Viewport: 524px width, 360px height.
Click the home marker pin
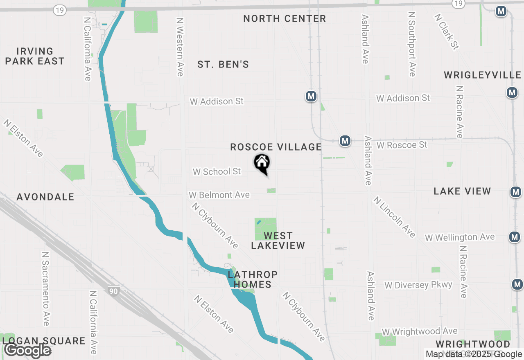coord(262,163)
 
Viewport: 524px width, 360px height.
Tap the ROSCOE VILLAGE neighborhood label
coord(276,147)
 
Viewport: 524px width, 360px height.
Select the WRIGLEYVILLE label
coord(483,75)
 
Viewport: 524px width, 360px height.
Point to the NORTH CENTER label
coord(285,19)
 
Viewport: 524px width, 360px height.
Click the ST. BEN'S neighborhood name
coord(223,65)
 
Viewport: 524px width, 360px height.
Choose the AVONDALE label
coord(45,197)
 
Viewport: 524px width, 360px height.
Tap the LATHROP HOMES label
coord(253,279)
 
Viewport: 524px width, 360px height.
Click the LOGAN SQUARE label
coord(44,341)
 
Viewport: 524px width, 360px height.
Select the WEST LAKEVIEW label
coord(278,241)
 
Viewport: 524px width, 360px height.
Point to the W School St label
coord(217,172)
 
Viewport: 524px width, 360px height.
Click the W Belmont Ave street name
coord(219,195)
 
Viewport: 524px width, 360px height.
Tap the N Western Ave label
coord(180,47)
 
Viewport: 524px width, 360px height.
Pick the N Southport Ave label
coord(412,44)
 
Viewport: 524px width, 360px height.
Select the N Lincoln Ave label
coord(394,217)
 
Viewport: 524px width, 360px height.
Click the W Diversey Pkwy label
coord(418,285)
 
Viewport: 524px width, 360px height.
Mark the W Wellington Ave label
coord(459,237)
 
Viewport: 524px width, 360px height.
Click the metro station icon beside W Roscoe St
coord(345,141)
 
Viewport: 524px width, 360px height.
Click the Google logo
coord(27,351)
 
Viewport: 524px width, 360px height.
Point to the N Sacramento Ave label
coord(45,288)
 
